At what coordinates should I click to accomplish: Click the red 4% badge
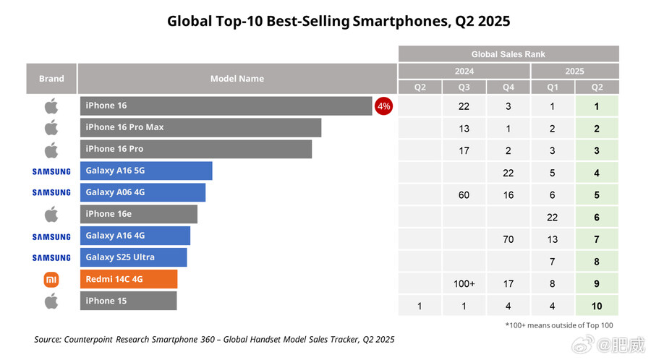(383, 106)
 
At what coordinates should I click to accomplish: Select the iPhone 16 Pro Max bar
(200, 127)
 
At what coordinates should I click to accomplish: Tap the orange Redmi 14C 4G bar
(128, 279)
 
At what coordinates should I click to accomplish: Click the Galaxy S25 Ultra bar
(133, 257)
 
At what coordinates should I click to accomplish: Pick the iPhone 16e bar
(138, 214)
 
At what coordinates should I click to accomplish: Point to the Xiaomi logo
(51, 279)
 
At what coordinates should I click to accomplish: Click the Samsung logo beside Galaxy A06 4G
(51, 192)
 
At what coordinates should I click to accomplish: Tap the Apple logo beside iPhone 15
(51, 301)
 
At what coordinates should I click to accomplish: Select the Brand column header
(51, 79)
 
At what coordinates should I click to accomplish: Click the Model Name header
(237, 79)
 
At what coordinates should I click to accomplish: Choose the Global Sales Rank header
(509, 54)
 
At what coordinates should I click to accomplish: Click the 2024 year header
(464, 72)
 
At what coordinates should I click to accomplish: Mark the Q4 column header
(508, 87)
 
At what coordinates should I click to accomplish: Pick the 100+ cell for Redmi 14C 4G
(464, 284)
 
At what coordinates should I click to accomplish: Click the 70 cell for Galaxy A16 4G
(508, 239)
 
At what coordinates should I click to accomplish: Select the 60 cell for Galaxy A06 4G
(464, 195)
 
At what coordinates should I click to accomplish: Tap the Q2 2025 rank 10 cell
(597, 307)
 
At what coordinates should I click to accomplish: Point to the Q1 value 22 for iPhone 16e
(553, 217)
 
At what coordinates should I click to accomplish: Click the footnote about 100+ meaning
(559, 325)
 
